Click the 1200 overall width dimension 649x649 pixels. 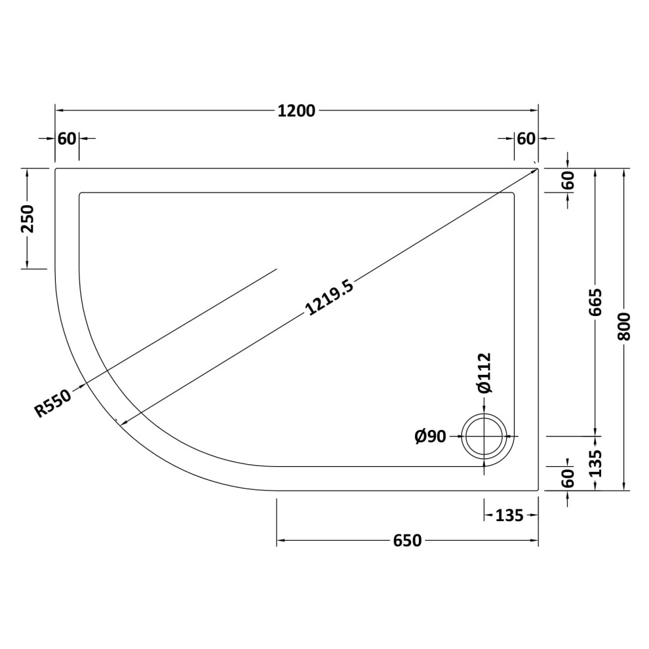296,111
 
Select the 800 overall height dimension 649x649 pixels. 623,326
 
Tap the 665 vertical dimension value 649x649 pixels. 595,302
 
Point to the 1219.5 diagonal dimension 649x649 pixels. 330,298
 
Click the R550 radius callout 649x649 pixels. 53,404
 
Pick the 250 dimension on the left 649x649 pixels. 28,218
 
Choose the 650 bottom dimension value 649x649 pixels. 407,541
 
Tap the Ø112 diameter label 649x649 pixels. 484,372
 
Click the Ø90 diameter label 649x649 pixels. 431,436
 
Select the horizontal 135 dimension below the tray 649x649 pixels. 509,516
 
